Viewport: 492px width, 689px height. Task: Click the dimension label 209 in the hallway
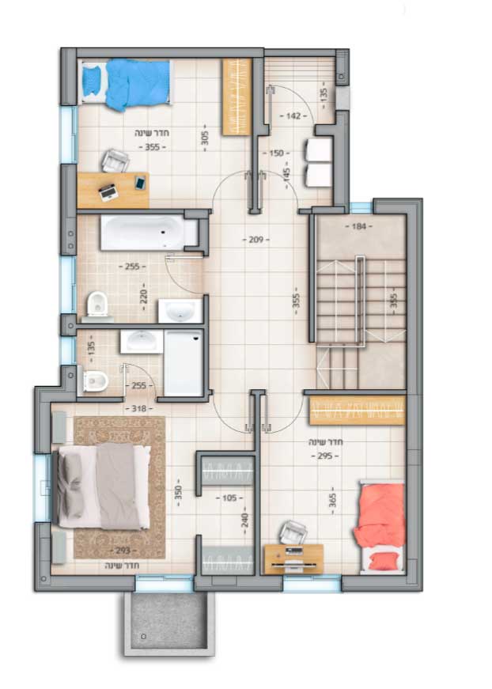(255, 240)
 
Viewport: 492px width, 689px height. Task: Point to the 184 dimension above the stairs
(359, 226)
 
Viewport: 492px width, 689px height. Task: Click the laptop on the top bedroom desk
(108, 191)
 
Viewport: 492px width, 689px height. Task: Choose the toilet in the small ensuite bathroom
(93, 380)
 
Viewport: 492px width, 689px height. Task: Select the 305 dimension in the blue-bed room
(205, 141)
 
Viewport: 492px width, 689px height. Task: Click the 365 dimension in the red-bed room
(332, 500)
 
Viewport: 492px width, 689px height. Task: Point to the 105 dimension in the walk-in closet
(229, 498)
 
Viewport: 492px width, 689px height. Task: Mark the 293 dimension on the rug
(123, 550)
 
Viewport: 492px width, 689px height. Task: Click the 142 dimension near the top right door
(293, 115)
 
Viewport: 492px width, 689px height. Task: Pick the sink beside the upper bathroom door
(180, 311)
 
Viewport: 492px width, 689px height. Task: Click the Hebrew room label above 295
(326, 442)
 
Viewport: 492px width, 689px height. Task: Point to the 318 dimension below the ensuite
(138, 409)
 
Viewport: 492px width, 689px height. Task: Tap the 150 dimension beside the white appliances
(276, 153)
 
